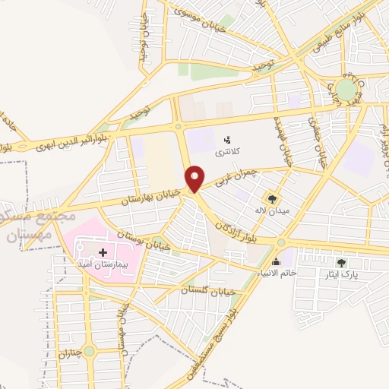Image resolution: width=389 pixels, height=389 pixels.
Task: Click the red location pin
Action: [195, 178]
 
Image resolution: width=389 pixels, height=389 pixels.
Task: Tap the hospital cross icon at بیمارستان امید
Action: [103, 252]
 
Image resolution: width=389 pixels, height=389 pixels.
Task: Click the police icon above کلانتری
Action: [226, 140]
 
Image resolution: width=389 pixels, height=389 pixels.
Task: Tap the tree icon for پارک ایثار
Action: [341, 262]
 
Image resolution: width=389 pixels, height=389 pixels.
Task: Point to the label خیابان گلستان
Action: [209, 289]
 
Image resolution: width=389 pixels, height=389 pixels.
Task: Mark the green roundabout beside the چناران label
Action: [90, 351]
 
